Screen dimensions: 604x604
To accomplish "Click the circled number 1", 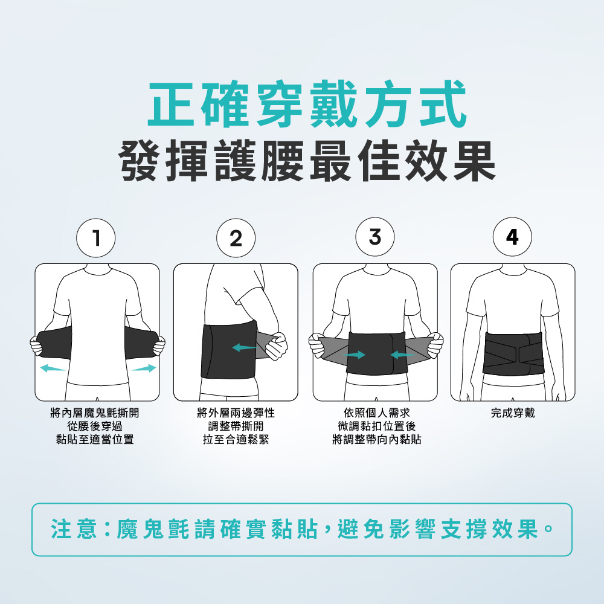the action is click(96, 237).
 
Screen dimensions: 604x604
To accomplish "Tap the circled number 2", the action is click(236, 237).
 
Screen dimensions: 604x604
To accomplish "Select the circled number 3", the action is click(375, 237).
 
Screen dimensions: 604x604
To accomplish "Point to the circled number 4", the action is click(512, 237).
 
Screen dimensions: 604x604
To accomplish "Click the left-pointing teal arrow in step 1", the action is click(52, 368).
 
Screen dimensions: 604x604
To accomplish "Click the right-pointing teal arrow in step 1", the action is click(144, 368).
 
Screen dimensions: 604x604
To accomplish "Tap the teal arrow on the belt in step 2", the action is click(244, 347).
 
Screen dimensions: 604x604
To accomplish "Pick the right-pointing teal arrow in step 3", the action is click(353, 355).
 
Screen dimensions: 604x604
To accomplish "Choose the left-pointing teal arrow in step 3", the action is click(402, 355).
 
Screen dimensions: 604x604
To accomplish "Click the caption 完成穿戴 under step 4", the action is click(513, 413).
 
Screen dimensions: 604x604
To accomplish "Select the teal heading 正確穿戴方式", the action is click(307, 104).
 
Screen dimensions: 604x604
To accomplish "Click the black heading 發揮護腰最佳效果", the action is click(307, 161).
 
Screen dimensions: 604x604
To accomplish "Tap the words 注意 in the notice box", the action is click(74, 529).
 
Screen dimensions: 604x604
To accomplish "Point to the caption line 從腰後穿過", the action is click(95, 426).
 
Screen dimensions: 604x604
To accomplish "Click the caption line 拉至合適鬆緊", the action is click(236, 439).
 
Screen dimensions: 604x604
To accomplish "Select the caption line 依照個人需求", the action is click(377, 413).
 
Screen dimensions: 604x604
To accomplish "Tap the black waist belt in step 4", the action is click(513, 353).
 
